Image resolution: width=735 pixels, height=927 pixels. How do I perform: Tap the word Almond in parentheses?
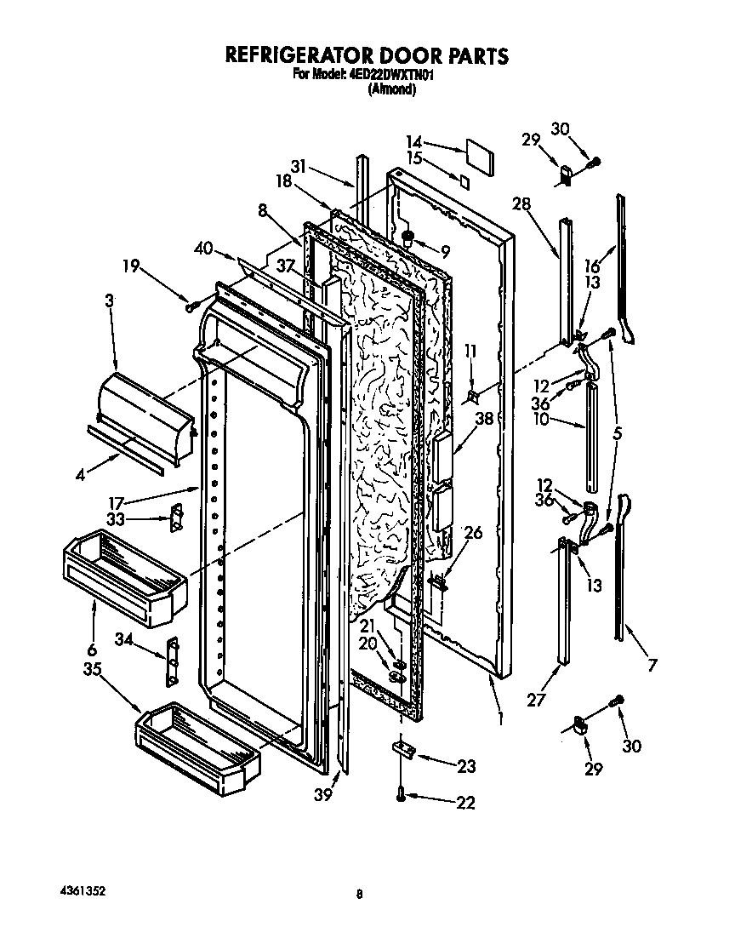392,89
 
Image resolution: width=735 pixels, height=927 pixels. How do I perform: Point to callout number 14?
413,142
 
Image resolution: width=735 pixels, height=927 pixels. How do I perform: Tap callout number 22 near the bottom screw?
465,801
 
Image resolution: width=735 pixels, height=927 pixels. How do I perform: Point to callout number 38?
484,420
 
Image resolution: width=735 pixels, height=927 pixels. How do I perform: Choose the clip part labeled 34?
173,659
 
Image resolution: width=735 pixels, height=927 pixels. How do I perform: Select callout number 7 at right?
652,665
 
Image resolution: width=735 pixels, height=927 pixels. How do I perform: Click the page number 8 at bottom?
361,894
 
